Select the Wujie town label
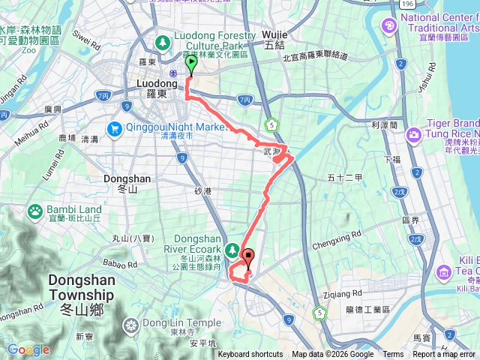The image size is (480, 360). click(x=274, y=40)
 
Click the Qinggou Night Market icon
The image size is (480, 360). click(x=115, y=127)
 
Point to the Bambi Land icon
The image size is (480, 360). click(x=34, y=211)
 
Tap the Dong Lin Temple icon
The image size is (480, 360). click(x=131, y=325)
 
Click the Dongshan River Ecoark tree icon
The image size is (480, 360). click(x=232, y=248)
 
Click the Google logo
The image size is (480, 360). click(x=28, y=349)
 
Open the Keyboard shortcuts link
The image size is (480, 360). click(x=250, y=355)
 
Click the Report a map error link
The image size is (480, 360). click(x=443, y=355)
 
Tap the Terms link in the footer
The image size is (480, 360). click(x=393, y=355)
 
